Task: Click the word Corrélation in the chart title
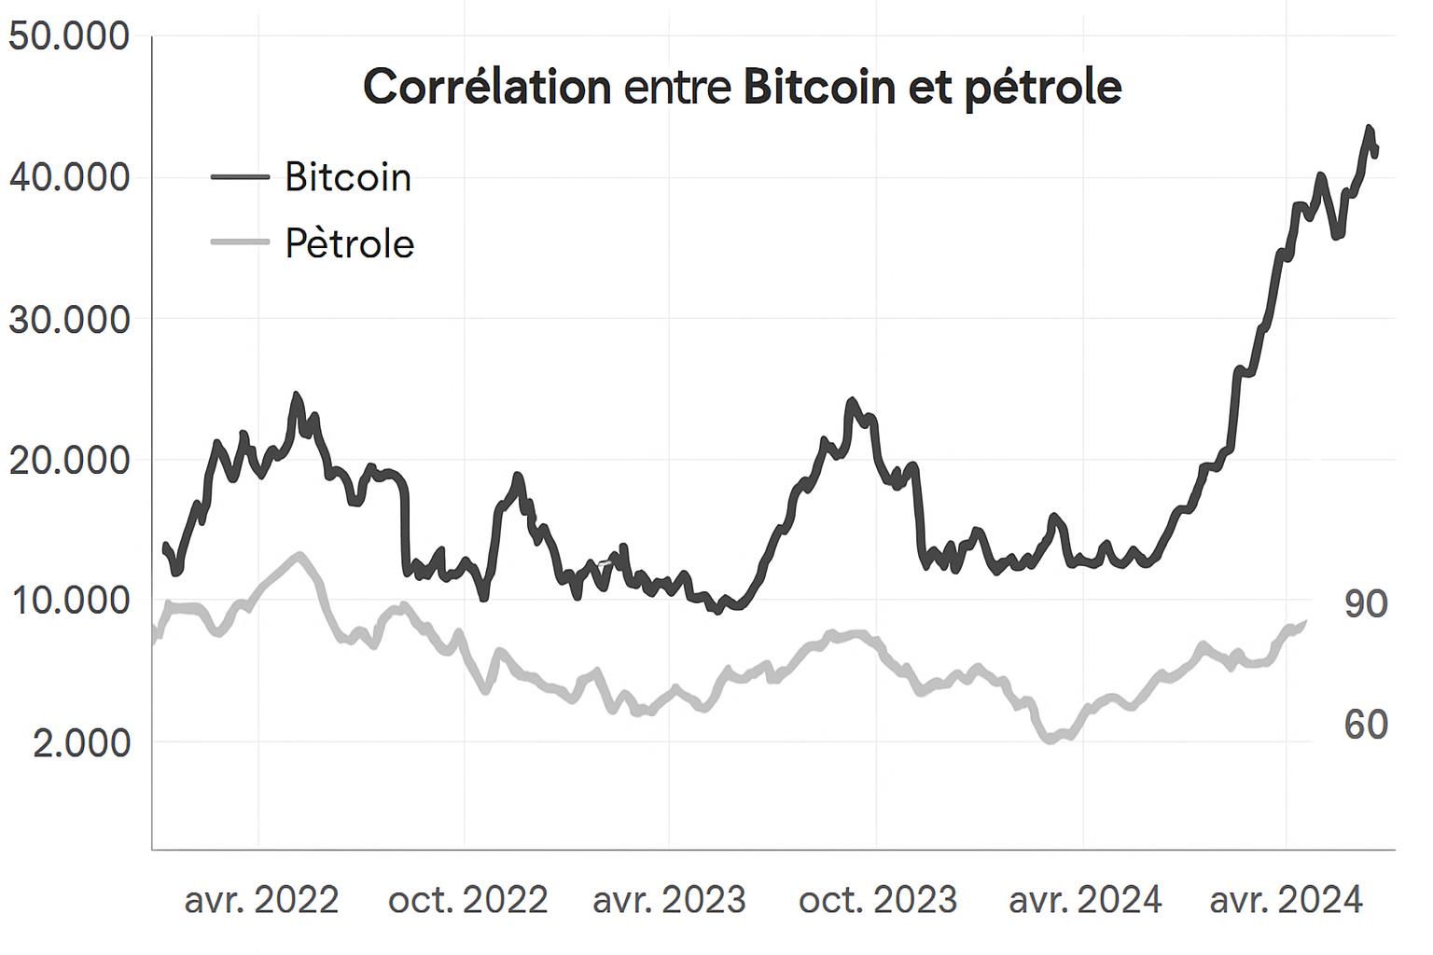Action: click(486, 87)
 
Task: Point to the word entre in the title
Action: click(677, 88)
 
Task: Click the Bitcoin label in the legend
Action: click(348, 177)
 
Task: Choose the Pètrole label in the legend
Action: click(349, 243)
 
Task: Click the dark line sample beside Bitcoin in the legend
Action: click(240, 177)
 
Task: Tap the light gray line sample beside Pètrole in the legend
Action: click(240, 243)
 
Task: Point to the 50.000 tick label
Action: click(68, 36)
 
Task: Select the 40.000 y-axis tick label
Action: click(68, 177)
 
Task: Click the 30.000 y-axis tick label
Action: click(68, 319)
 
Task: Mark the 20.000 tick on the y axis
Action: click(68, 460)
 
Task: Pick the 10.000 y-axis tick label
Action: click(68, 601)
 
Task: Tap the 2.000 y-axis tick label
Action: click(81, 743)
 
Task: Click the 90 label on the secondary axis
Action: click(1366, 604)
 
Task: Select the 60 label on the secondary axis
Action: click(1366, 725)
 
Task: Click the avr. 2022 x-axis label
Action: click(261, 900)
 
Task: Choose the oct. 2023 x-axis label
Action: click(878, 900)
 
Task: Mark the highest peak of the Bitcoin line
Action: click(1369, 128)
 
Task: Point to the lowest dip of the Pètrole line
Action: click(1050, 740)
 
